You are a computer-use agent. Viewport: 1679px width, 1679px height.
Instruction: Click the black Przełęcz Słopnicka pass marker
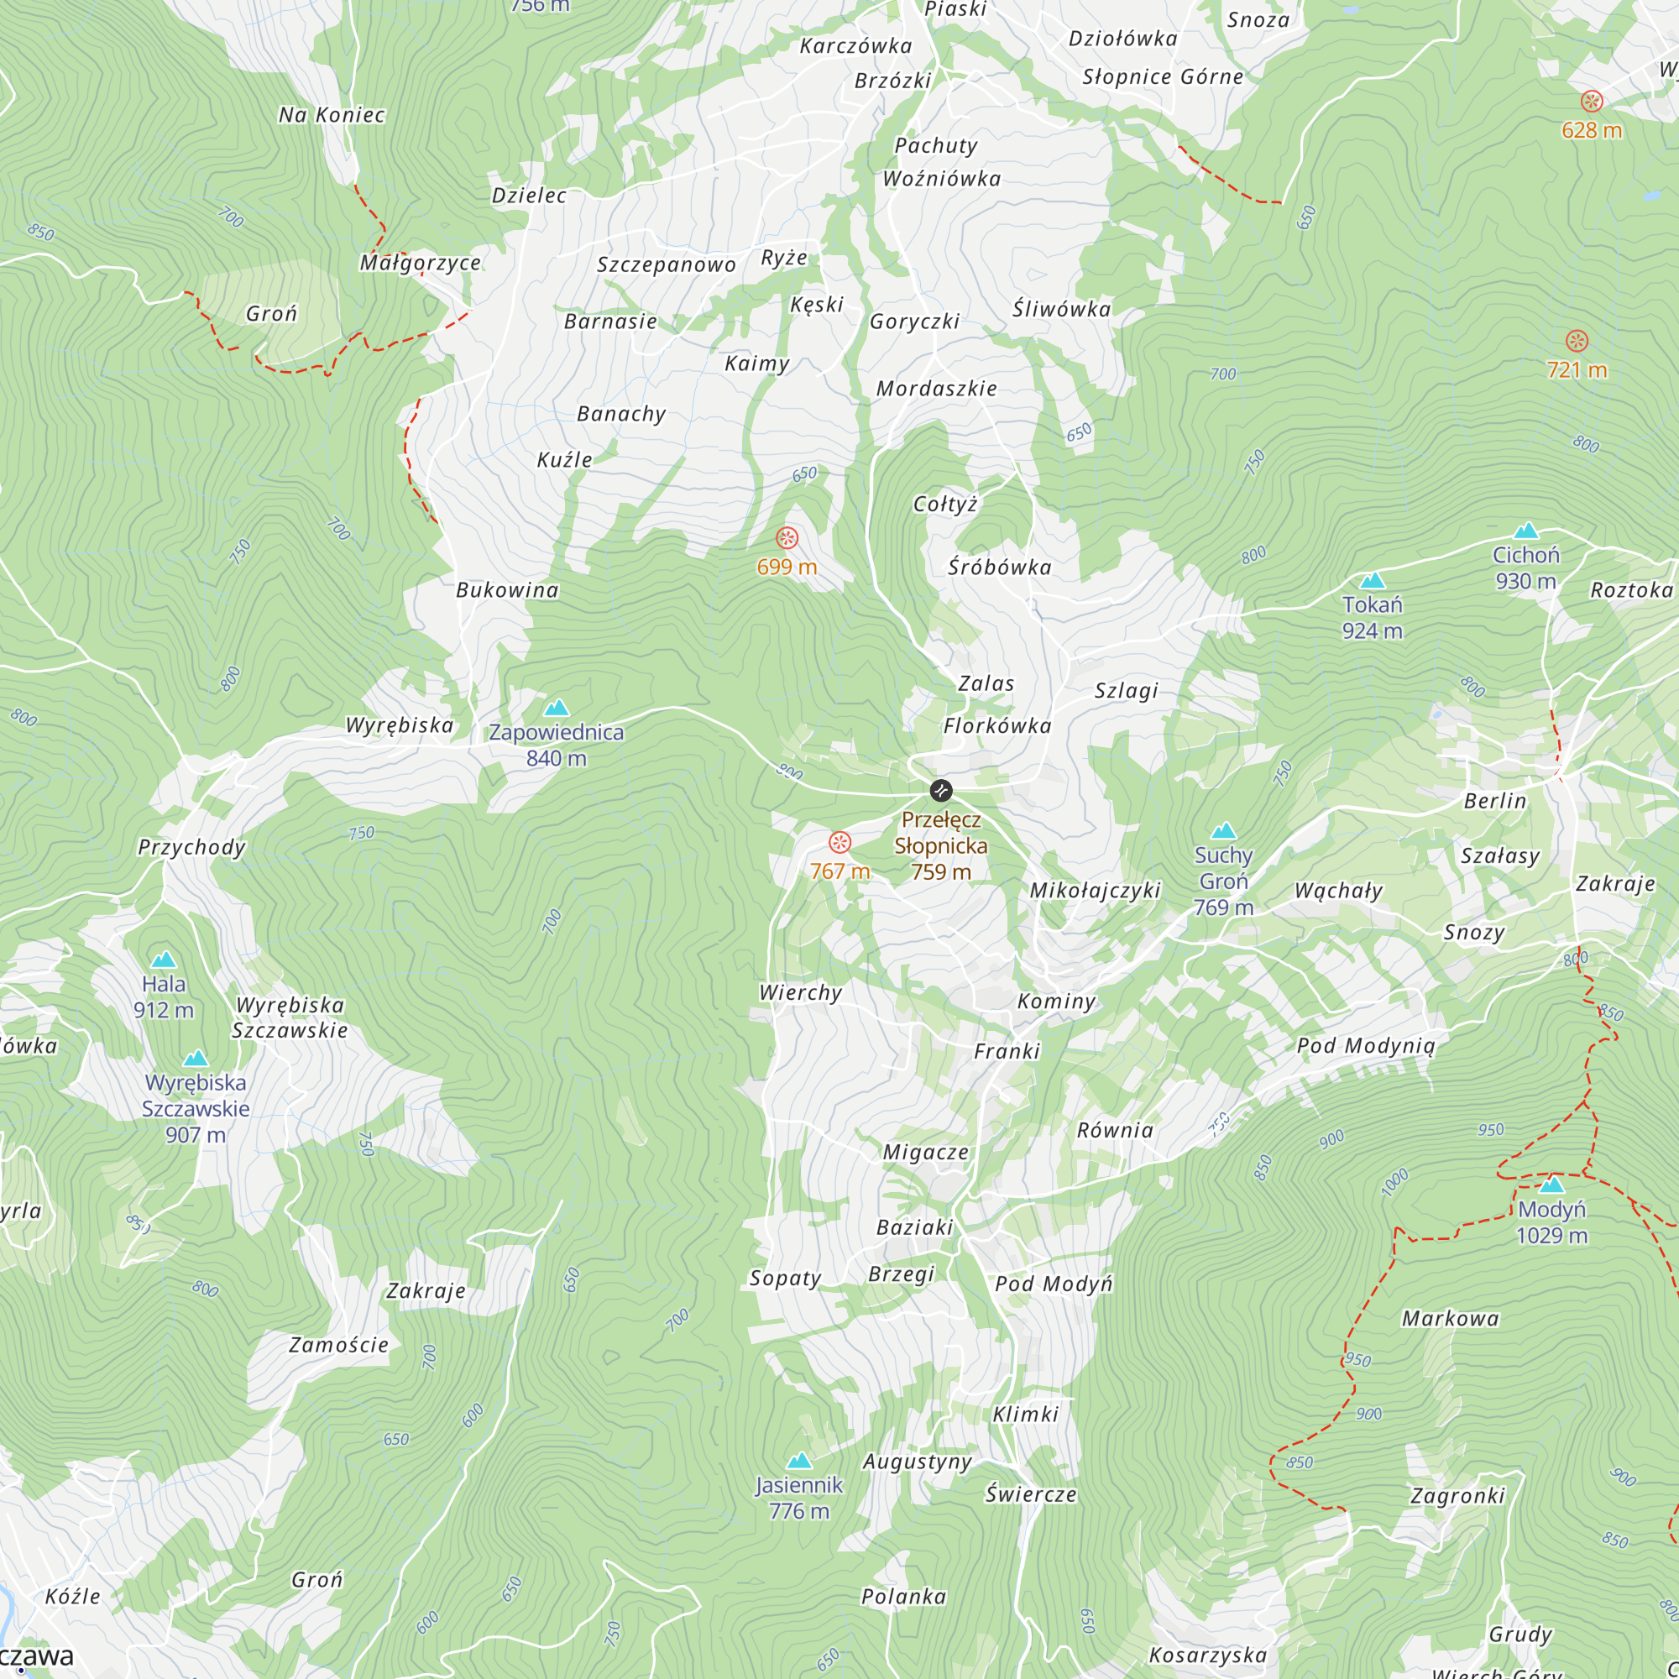click(941, 790)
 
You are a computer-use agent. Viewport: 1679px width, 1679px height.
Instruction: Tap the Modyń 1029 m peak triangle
click(1551, 1185)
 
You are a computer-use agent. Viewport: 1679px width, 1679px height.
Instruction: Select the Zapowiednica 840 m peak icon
click(557, 708)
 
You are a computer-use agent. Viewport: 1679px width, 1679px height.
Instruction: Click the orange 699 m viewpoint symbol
click(787, 538)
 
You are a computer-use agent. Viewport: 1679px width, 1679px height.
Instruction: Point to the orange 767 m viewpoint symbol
click(839, 842)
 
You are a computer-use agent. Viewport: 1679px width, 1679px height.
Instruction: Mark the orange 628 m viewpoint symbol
click(1591, 101)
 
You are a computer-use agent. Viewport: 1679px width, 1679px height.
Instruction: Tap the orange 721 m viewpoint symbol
click(1577, 341)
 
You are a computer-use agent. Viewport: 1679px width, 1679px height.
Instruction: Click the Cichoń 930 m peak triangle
click(1526, 530)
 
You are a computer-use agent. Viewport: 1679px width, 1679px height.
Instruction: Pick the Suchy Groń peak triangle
click(1224, 831)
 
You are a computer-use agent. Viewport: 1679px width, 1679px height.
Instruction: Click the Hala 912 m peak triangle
click(164, 960)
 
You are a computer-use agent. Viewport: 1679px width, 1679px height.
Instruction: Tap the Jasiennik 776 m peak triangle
click(798, 1460)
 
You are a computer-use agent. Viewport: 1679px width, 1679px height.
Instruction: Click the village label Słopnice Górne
click(1162, 77)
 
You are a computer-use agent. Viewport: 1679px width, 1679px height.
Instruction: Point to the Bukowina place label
click(508, 590)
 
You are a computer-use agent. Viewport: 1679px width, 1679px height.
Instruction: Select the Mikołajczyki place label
click(1095, 890)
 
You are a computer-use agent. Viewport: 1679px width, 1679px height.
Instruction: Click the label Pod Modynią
click(1366, 1045)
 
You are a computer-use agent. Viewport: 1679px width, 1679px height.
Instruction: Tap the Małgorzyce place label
click(421, 263)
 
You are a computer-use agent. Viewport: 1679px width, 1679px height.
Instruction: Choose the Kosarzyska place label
click(1208, 1655)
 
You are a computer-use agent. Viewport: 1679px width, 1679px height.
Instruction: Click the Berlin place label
click(1495, 800)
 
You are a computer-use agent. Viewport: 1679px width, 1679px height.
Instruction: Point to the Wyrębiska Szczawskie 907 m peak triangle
click(196, 1058)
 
